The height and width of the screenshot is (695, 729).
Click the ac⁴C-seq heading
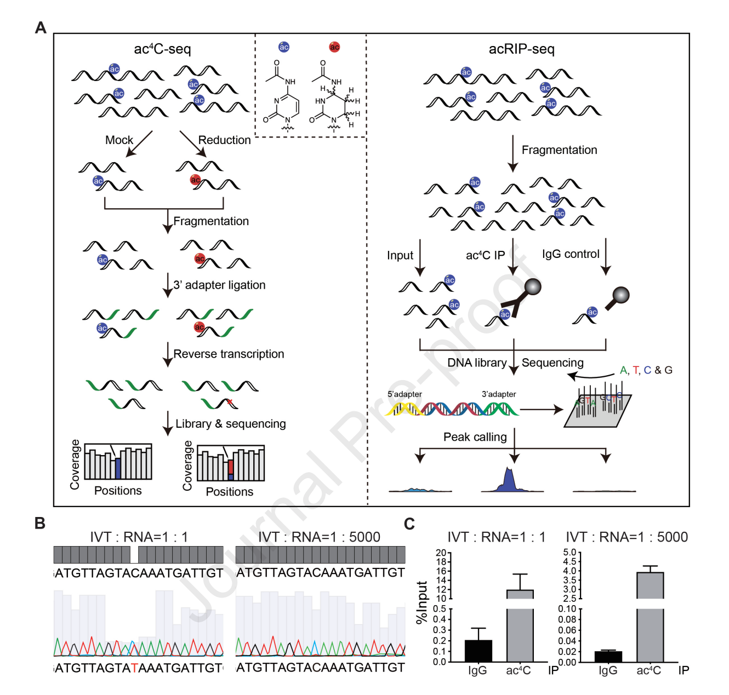(162, 49)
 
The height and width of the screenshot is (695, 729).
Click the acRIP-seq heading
(521, 49)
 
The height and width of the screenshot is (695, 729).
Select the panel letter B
(40, 523)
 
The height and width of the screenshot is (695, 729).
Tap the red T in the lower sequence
(134, 668)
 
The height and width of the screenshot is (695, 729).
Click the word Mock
(119, 140)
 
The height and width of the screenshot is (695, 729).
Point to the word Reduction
(224, 140)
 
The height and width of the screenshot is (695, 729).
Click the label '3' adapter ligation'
(219, 285)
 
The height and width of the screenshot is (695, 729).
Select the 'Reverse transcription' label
(229, 354)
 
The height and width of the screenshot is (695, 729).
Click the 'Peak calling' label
(475, 437)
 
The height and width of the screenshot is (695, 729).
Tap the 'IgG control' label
(571, 254)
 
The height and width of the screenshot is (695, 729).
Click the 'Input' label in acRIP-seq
(400, 255)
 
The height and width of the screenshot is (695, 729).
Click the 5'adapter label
(405, 394)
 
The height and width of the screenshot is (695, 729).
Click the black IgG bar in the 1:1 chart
(478, 651)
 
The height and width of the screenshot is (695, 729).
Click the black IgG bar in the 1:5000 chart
(608, 656)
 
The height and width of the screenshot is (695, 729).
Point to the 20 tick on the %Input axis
(441, 553)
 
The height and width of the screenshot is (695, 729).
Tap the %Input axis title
(421, 602)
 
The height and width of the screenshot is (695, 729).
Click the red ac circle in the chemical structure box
(334, 47)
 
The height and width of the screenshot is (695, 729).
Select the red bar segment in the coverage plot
(231, 467)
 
